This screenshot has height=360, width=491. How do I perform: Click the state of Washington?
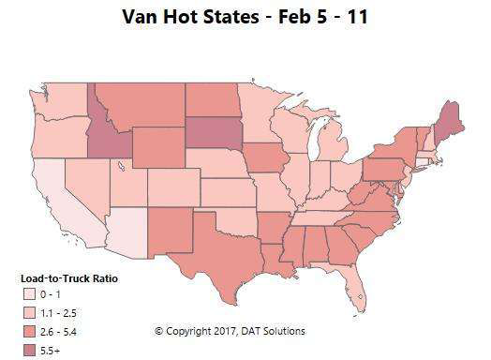[x=65, y=98]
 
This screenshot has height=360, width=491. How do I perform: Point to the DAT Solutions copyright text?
[x=230, y=330]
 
